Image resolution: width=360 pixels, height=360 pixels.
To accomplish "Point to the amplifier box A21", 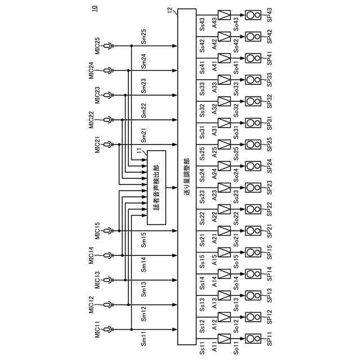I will click(x=224, y=230).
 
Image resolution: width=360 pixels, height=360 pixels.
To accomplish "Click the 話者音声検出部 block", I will click(x=155, y=188).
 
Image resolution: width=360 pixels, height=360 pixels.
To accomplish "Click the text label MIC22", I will click(x=92, y=120).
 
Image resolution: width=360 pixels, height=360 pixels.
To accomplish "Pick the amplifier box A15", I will click(x=224, y=251).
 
